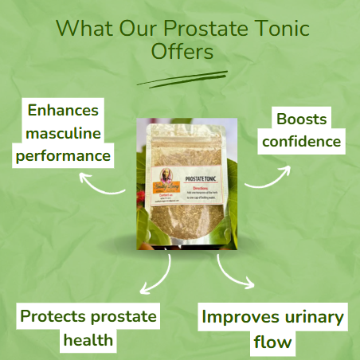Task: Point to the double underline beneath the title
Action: coord(182,77)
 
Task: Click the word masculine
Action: coord(65,133)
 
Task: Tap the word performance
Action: coord(65,155)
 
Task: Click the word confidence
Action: coord(300,143)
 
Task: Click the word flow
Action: coord(274,342)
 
